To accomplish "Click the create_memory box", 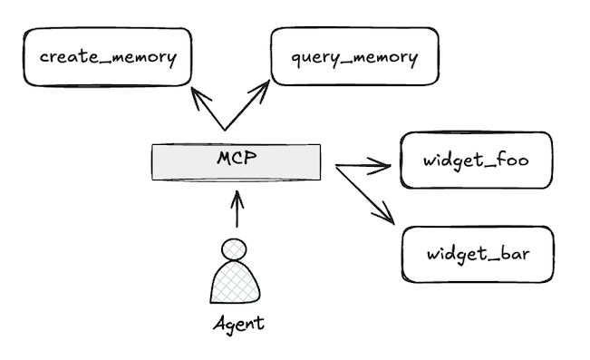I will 108,56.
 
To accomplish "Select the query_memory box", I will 354,56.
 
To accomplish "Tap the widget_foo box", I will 476,161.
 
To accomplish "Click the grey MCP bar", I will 181,163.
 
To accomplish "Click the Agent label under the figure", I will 238,324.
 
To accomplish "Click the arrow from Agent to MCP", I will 238,210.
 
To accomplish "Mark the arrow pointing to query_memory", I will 247,105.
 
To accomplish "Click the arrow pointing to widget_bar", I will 367,194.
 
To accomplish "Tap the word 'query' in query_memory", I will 314,59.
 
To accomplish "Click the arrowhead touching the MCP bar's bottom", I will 238,196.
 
